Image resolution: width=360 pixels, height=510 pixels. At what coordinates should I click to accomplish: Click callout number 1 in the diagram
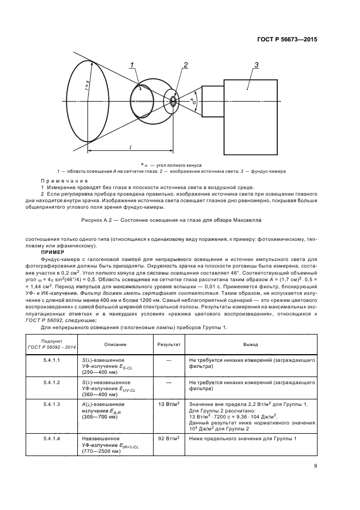tap(132, 66)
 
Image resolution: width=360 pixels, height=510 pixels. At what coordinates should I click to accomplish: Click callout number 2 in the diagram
tap(185, 65)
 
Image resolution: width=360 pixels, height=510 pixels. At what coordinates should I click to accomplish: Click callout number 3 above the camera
tap(256, 65)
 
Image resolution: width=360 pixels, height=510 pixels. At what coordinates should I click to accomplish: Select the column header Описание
tap(115, 344)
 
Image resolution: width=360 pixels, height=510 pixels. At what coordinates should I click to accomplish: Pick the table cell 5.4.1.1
tap(52, 360)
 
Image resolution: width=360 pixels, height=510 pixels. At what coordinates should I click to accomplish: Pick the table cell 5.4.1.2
tap(52, 382)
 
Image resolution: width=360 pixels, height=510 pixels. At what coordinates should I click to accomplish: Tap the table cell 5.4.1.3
tap(52, 404)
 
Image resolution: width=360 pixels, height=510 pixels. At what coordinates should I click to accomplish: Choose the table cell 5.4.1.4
tap(52, 439)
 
